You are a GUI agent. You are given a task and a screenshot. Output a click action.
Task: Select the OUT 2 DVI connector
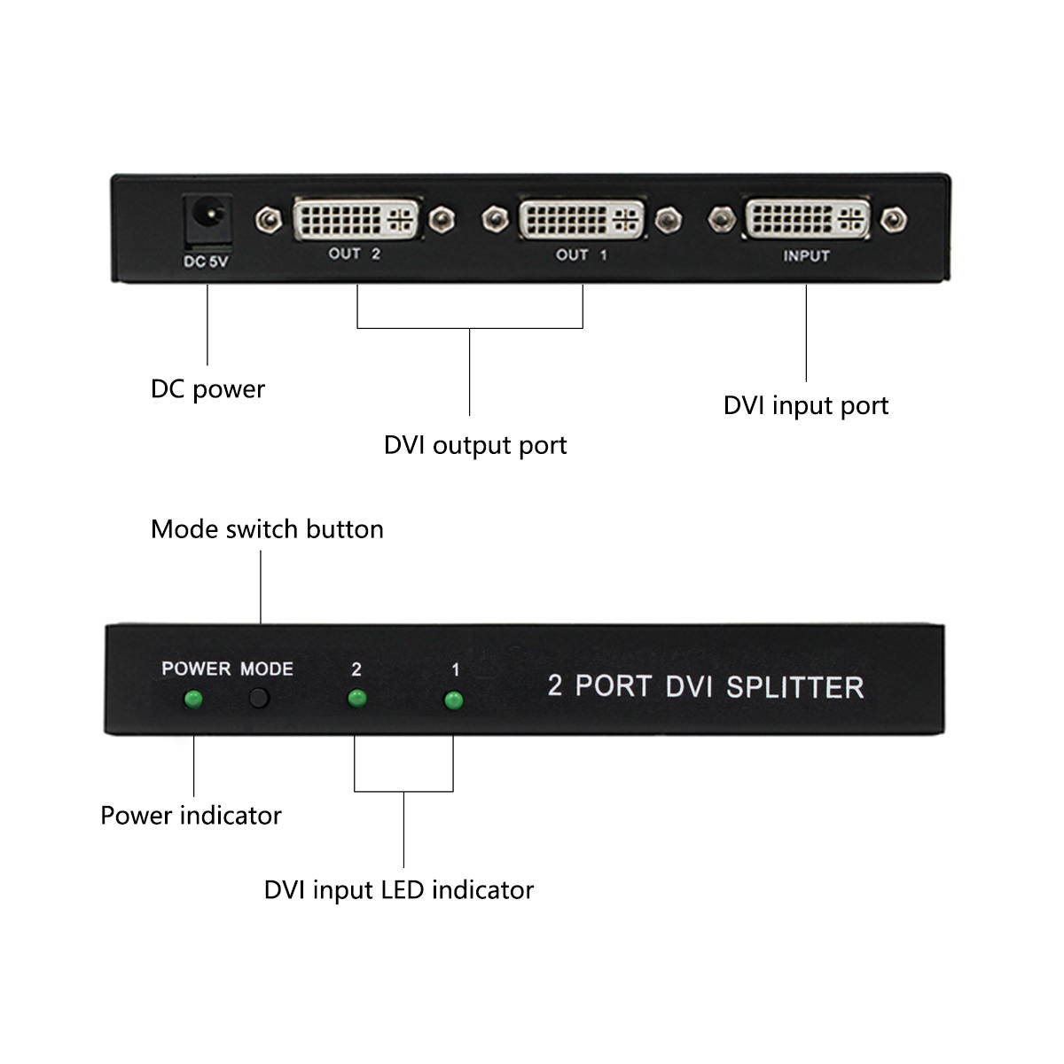point(356,218)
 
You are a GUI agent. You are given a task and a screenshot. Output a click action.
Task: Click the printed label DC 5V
point(206,262)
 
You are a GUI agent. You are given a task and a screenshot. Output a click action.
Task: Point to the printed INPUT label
point(806,256)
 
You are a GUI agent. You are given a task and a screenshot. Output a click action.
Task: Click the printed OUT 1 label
point(582,255)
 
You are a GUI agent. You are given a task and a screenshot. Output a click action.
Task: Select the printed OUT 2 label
point(355,254)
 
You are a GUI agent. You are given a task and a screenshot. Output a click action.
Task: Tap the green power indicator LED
point(192,700)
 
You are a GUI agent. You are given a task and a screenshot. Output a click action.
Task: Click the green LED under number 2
point(356,700)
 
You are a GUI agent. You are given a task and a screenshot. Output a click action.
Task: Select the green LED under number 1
point(453,701)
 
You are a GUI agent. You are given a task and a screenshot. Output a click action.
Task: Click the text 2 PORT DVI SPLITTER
point(705,687)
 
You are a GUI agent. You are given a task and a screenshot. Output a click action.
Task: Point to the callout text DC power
point(207,389)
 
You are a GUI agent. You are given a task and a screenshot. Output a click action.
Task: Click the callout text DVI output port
point(475,445)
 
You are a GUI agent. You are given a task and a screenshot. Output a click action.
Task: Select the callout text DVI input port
point(805,405)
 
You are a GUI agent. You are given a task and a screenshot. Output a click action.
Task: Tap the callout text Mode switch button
point(267,529)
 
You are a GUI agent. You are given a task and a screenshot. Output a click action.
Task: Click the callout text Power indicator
point(191,816)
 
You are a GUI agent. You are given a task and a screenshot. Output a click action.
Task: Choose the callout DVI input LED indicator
point(399,890)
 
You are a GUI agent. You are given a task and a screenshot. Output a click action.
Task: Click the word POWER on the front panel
point(196,669)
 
